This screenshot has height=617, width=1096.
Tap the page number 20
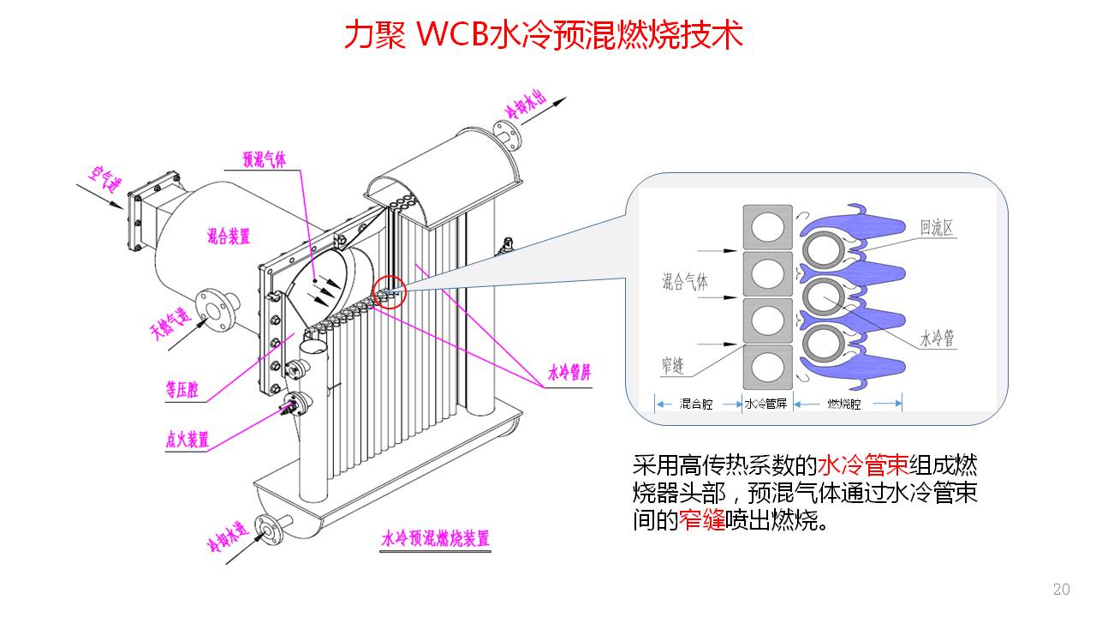pos(1061,589)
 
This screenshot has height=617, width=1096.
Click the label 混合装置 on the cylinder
pos(229,237)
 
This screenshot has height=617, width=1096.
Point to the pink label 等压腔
pos(182,391)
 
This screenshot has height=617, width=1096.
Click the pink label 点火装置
pos(187,440)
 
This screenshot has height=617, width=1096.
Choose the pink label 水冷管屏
pos(569,374)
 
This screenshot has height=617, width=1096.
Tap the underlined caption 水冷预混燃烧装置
pos(436,539)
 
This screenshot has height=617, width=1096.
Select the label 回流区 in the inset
pos(937,228)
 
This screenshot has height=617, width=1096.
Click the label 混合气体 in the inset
pos(684,282)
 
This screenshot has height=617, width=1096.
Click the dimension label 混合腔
pos(695,403)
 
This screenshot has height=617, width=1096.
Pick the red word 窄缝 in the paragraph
pos(701,520)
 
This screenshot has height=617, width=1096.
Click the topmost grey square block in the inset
pos(766,227)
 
